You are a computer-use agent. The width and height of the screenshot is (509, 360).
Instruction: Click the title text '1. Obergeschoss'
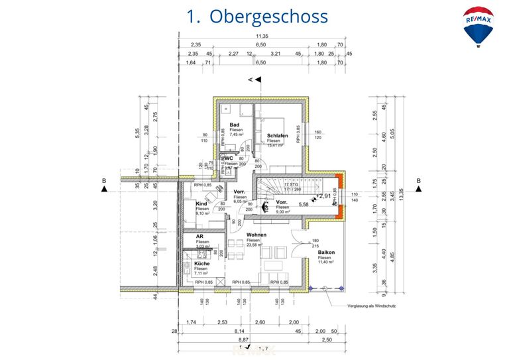point(257,16)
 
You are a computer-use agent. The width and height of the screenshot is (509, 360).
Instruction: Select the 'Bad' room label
point(234,125)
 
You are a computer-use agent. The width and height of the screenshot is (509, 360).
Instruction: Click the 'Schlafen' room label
point(278,135)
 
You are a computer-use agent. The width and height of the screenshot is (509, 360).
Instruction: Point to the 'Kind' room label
point(201,204)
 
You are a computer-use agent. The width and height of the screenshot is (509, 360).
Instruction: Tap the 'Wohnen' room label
point(256,234)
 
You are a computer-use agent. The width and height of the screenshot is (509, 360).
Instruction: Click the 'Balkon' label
point(326,253)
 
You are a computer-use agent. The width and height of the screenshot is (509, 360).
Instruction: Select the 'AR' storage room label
point(199,237)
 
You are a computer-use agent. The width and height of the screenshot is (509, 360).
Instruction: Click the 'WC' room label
point(229,158)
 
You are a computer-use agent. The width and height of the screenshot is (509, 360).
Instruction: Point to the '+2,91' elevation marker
point(323,196)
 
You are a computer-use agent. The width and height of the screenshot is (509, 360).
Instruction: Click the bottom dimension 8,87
point(243,339)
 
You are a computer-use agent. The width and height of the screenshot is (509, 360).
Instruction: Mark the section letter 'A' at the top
point(251,80)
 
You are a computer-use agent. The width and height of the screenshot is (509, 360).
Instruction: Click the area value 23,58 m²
point(256,245)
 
